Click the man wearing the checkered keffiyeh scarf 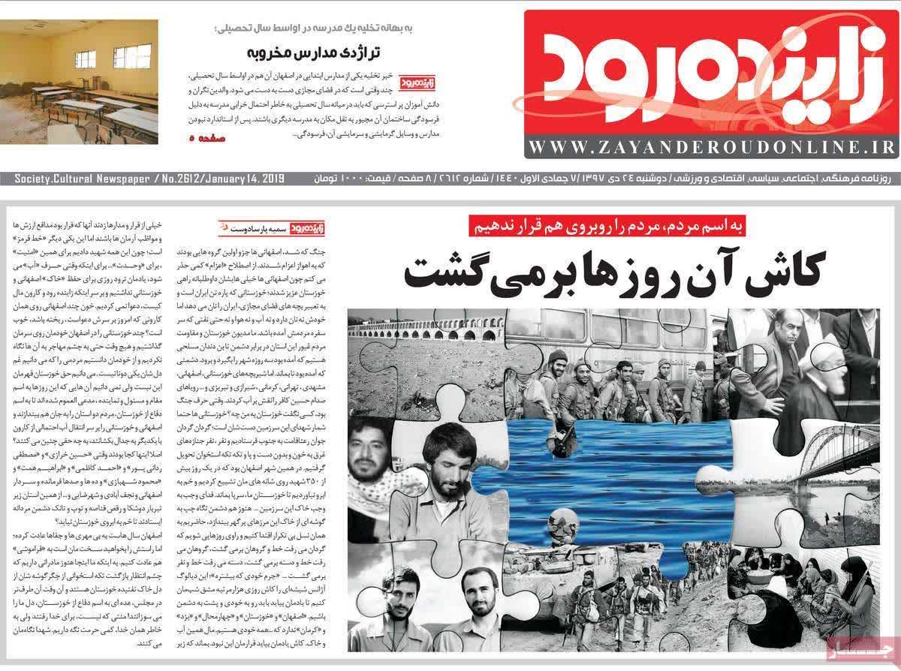point(368,458)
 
